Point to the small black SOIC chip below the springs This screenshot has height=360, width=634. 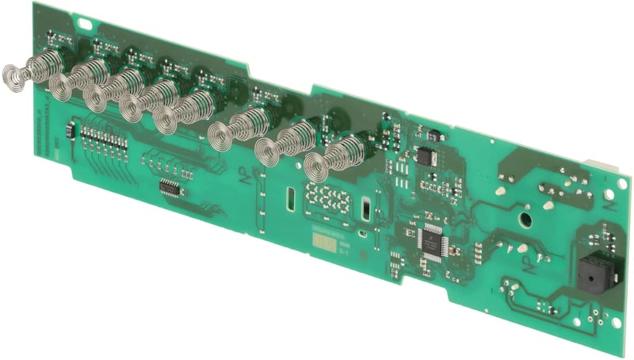tap(169, 188)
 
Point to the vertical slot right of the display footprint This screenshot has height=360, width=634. tap(366, 210)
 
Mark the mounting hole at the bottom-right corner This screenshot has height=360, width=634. tap(610, 327)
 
